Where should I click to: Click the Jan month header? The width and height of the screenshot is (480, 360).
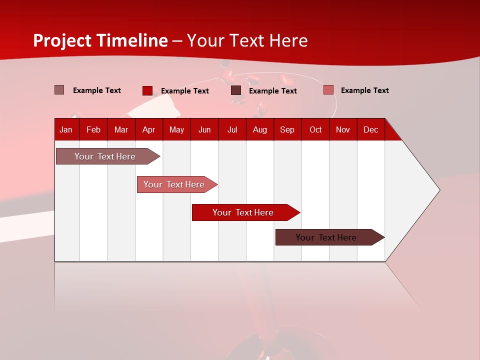66,130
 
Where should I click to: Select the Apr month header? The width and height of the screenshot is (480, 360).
148,130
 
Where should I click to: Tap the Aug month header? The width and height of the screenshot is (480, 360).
259,130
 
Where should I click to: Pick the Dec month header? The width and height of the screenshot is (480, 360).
370,130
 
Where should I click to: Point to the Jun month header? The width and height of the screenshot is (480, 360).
204,130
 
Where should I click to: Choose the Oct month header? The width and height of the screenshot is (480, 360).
315,130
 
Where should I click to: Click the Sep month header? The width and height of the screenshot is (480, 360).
287,130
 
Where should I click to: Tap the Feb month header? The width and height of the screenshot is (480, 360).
93,130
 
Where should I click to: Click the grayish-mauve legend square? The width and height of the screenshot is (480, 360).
59,90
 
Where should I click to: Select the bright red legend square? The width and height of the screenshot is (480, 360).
147,90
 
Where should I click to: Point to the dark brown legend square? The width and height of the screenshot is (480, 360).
236,90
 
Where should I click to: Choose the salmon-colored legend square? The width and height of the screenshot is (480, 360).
328,90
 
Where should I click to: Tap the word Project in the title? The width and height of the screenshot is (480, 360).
62,40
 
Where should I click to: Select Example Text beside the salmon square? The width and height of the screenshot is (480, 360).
364,90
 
